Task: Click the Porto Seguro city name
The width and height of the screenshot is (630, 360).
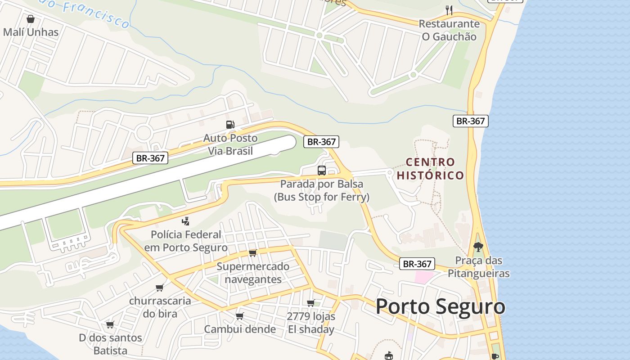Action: click(440, 306)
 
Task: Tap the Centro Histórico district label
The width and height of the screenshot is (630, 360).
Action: click(430, 168)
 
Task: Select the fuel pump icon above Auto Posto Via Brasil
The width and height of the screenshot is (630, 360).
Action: click(230, 125)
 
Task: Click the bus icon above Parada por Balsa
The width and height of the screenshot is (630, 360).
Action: click(322, 171)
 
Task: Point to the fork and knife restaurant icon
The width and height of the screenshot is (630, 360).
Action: click(449, 10)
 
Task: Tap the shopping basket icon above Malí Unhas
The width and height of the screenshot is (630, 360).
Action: click(31, 19)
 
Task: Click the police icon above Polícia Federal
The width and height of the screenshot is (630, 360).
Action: click(185, 221)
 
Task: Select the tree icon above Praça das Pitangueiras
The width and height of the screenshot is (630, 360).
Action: click(478, 247)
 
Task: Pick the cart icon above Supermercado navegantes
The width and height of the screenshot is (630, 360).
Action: click(252, 253)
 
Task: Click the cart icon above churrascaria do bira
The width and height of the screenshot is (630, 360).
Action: click(160, 288)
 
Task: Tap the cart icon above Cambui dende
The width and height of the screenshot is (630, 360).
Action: click(240, 316)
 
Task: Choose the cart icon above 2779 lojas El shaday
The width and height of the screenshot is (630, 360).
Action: click(310, 303)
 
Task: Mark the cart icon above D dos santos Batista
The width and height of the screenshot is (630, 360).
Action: click(110, 324)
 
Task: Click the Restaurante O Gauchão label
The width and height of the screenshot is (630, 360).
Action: click(449, 30)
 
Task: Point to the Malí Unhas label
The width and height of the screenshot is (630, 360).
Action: click(31, 32)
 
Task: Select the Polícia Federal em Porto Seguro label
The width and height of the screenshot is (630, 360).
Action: click(186, 241)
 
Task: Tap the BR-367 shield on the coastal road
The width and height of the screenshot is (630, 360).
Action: click(470, 121)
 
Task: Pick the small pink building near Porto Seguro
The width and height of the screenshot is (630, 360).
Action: click(423, 277)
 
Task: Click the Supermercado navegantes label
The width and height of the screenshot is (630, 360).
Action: click(253, 273)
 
